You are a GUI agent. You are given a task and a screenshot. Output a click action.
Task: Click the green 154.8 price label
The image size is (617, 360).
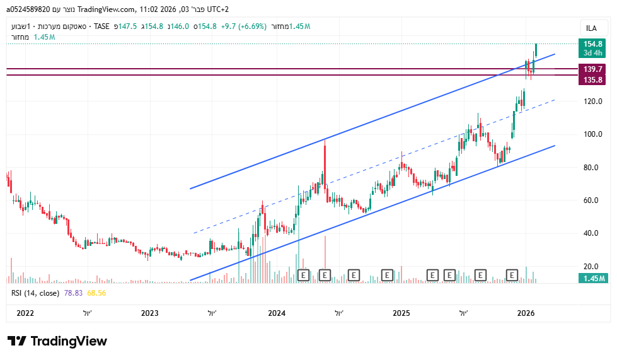coord(593,44)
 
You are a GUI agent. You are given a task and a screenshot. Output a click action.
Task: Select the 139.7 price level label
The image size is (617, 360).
coord(593,69)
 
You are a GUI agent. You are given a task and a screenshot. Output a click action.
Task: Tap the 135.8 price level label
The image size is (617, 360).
coord(593,79)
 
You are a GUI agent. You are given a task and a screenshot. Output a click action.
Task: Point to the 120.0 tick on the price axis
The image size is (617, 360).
coord(593,102)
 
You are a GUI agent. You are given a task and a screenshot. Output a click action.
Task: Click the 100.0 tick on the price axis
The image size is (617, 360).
coord(593,134)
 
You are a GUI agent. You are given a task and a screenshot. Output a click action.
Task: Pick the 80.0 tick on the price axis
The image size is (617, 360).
coord(593,168)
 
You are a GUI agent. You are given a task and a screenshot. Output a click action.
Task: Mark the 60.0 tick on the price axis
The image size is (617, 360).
coord(593,200)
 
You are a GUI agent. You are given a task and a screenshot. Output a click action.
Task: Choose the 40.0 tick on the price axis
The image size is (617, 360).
coord(593,233)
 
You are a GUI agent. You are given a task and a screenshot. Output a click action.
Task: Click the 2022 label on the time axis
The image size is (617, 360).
coord(25,313)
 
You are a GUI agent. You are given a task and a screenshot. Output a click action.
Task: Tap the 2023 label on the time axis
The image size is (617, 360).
coord(150,313)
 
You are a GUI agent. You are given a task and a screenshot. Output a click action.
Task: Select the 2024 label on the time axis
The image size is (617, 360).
coord(277,313)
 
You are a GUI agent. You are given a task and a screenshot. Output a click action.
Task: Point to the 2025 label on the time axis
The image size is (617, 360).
coord(401,313)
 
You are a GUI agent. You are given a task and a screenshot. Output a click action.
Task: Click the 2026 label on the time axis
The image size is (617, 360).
coord(526,313)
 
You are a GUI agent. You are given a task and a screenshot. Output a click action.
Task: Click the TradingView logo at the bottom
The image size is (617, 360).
coord(57,342)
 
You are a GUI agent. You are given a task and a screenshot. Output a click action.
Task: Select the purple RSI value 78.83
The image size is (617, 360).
coord(73,293)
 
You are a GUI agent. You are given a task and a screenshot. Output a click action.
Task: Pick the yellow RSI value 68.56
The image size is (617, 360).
coord(96,293)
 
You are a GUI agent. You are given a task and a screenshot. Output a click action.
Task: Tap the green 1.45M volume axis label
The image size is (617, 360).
coord(593,279)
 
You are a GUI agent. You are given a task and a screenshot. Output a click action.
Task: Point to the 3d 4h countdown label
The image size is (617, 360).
coord(593,53)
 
